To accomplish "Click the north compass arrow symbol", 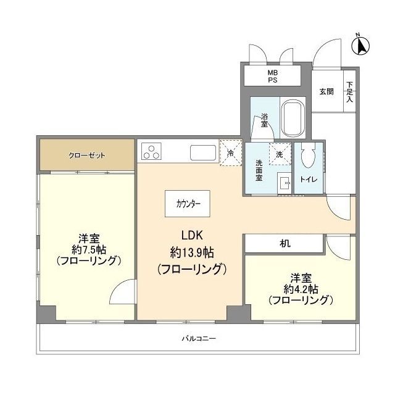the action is point(360,45).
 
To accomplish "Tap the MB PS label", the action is point(272,77).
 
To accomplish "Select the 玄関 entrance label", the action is point(326,92).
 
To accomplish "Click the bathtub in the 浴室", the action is point(294,118).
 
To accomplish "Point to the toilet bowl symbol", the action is point(309,156).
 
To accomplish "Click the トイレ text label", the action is point(309,180).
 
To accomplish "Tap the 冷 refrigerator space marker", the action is point(230,152).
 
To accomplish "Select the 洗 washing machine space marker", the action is point(280,154).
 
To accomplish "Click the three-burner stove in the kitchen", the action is point(151,151).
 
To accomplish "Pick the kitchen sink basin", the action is point(203,152).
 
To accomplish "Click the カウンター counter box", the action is point(188,204).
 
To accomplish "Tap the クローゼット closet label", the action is point(87,156).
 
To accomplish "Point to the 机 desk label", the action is point(285,243).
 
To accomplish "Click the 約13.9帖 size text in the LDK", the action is point(192,252).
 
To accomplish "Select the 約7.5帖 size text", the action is point(89,250).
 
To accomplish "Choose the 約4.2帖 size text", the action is point(301,289).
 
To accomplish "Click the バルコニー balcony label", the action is point(199,338).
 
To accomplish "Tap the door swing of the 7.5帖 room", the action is point(123,292).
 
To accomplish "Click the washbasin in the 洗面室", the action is point(284,183).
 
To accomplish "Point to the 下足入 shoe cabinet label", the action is point(349,92).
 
